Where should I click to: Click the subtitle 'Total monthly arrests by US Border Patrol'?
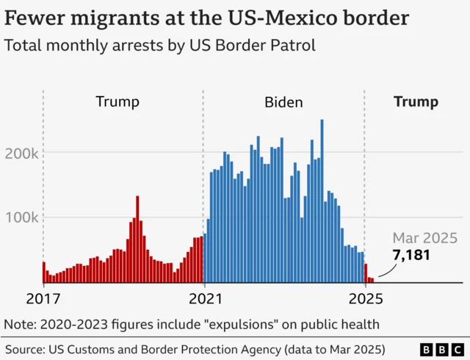pos(160,46)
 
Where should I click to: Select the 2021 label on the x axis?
pos(204,299)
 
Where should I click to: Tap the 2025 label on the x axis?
pos(365,299)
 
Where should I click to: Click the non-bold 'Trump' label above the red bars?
pos(117,102)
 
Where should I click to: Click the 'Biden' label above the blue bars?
pos(283,102)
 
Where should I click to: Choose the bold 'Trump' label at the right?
pos(416,102)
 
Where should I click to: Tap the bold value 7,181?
pos(411,255)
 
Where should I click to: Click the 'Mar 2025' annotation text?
pos(424,237)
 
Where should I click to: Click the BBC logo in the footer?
pos(440,349)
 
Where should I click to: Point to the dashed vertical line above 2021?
pos(204,147)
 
